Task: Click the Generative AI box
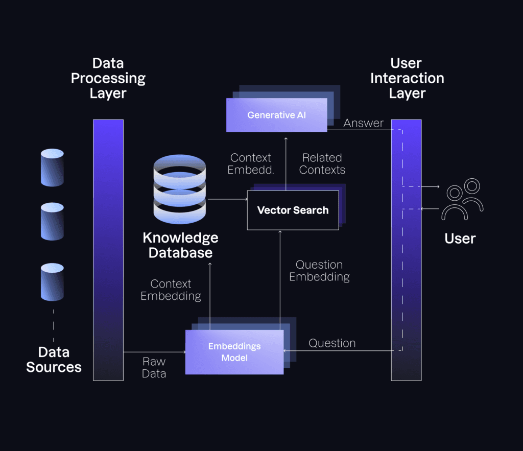click(x=276, y=115)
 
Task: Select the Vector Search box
click(x=293, y=210)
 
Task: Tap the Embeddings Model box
click(x=234, y=352)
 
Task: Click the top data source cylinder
click(x=52, y=168)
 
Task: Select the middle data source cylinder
click(x=52, y=221)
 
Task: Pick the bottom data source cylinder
click(x=52, y=281)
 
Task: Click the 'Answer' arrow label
click(x=363, y=123)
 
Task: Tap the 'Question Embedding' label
click(x=319, y=271)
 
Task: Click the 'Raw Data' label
click(x=154, y=368)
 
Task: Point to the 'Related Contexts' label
click(x=322, y=164)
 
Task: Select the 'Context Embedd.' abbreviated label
click(x=251, y=164)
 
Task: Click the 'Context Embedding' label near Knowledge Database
click(x=171, y=290)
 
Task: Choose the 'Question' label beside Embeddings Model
click(x=332, y=343)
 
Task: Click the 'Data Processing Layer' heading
click(x=108, y=78)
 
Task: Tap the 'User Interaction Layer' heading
click(x=407, y=78)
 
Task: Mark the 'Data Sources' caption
click(x=54, y=360)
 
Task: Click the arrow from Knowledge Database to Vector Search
click(x=227, y=199)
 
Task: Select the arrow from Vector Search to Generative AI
click(x=286, y=163)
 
